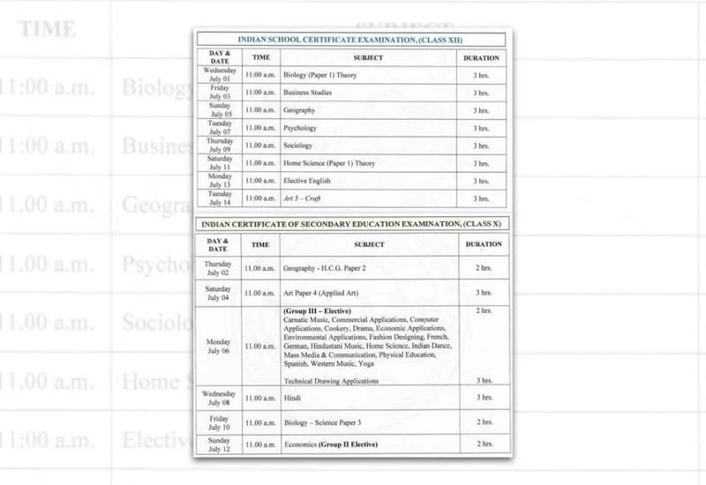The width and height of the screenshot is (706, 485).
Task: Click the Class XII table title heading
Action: [351, 41]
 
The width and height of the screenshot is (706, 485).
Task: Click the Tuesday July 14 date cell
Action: [219, 198]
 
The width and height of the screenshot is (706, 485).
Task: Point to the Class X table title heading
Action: [351, 227]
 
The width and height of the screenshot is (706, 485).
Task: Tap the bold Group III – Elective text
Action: [317, 311]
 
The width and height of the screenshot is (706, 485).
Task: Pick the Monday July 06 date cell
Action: [219, 346]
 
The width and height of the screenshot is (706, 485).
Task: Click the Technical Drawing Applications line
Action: [331, 380]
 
